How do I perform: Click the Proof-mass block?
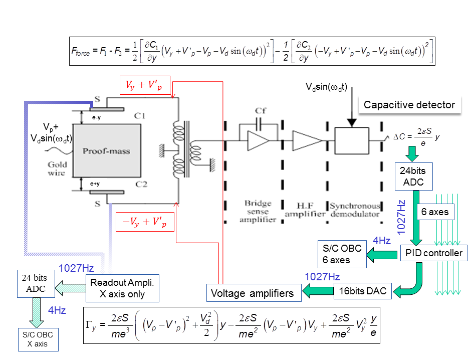tap(107, 150)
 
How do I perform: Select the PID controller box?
tap(434, 253)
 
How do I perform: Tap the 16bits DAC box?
tap(363, 291)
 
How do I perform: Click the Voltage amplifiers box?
tap(254, 293)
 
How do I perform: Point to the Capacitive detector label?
tap(409, 105)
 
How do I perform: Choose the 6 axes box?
tap(435, 212)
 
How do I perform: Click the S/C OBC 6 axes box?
tap(342, 254)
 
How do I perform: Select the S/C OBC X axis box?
tap(38, 339)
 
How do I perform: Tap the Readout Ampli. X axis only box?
tap(122, 288)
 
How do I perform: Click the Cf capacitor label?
tap(261, 111)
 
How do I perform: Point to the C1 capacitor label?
tap(140, 116)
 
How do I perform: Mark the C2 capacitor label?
tap(141, 184)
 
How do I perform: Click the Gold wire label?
tap(57, 168)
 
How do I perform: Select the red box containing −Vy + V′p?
tap(145, 222)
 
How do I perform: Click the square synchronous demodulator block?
tap(352, 140)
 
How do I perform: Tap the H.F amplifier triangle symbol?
tap(307, 140)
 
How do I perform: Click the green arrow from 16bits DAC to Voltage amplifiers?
tap(318, 291)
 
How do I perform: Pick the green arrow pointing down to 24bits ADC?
tap(412, 154)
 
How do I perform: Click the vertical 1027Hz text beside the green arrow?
tap(401, 217)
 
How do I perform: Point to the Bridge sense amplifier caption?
tap(258, 211)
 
